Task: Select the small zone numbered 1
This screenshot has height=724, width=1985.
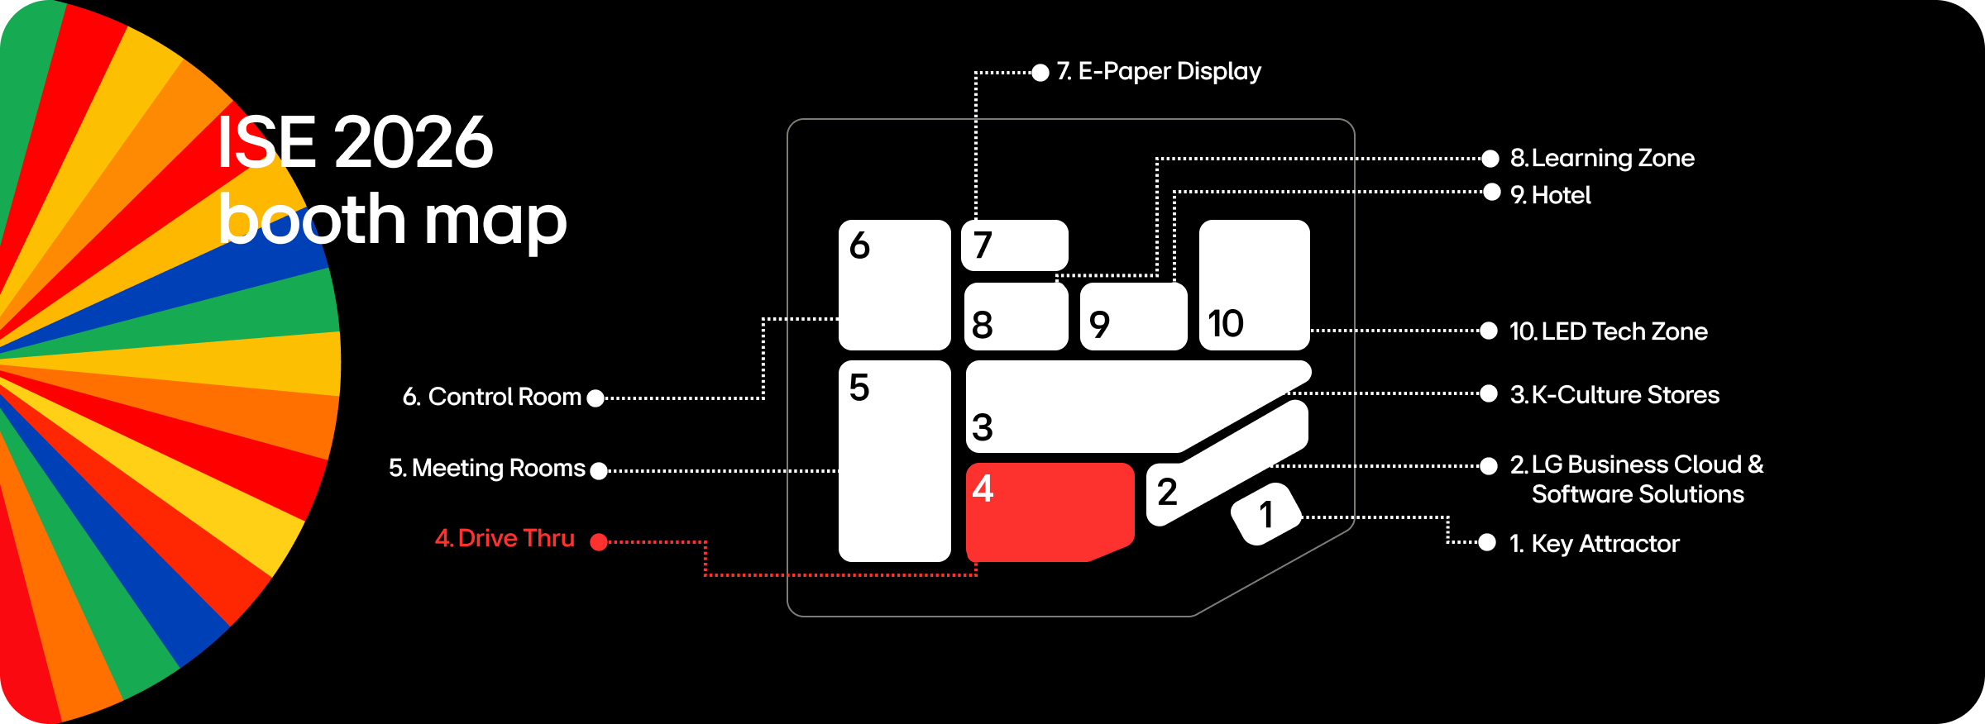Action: point(1266,514)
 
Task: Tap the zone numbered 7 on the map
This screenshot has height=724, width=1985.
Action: point(1014,245)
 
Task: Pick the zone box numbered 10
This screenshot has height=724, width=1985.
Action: point(1254,284)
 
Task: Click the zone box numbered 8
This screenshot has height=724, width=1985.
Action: point(1016,317)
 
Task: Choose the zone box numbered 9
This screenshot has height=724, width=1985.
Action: point(1133,317)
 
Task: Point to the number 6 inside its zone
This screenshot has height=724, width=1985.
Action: point(860,245)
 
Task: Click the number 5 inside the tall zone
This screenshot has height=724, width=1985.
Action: point(859,387)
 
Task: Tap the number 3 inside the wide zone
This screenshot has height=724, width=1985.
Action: point(983,427)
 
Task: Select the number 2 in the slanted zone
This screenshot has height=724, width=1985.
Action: point(1167,493)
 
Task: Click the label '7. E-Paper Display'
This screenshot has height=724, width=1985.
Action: point(1159,72)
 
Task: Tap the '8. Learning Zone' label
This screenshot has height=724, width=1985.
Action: point(1602,158)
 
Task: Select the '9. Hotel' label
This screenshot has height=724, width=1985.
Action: point(1550,195)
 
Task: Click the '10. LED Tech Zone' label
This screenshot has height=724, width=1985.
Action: point(1608,331)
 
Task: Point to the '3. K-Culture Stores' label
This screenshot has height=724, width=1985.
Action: point(1614,395)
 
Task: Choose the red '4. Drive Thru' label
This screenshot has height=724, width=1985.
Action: point(505,538)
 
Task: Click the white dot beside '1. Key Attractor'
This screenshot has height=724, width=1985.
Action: point(1487,542)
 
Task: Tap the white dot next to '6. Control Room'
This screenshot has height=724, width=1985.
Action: point(595,398)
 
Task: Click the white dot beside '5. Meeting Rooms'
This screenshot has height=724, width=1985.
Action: point(600,471)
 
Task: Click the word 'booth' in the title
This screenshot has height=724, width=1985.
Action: point(312,220)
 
